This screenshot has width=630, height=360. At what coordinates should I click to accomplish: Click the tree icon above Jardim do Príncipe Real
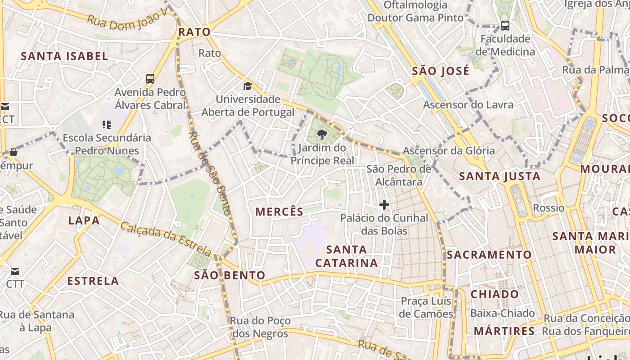pyautogui.click(x=322, y=134)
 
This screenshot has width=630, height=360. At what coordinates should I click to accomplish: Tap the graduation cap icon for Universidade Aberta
pyautogui.click(x=247, y=86)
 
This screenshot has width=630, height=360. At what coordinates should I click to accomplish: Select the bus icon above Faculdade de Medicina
pyautogui.click(x=505, y=26)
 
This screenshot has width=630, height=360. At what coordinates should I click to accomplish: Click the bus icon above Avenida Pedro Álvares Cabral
pyautogui.click(x=150, y=79)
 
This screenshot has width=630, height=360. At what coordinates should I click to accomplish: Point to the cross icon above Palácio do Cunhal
pyautogui.click(x=384, y=205)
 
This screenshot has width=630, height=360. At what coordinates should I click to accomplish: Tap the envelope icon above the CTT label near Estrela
pyautogui.click(x=14, y=271)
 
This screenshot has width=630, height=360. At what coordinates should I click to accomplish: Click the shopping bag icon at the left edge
pyautogui.click(x=13, y=152)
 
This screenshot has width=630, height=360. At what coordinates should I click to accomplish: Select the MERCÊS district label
pyautogui.click(x=279, y=211)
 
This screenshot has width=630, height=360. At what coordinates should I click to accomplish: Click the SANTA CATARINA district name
pyautogui.click(x=346, y=256)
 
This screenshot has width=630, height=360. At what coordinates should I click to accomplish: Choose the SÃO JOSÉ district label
pyautogui.click(x=441, y=71)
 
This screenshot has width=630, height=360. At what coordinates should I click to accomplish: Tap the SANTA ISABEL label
pyautogui.click(x=64, y=56)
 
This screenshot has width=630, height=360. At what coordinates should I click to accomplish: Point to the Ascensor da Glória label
pyautogui.click(x=449, y=151)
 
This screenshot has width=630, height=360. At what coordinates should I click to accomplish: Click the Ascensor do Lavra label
pyautogui.click(x=468, y=105)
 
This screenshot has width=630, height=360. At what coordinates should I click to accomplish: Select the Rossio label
pyautogui.click(x=548, y=208)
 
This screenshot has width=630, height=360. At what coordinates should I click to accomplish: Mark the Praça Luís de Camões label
pyautogui.click(x=426, y=307)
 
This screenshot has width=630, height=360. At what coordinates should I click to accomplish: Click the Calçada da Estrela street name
pyautogui.click(x=166, y=238)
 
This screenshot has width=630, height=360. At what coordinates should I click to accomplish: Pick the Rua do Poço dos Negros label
pyautogui.click(x=260, y=327)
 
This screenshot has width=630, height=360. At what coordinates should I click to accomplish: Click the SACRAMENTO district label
pyautogui.click(x=489, y=255)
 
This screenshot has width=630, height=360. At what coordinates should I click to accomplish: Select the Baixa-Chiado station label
pyautogui.click(x=502, y=313)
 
